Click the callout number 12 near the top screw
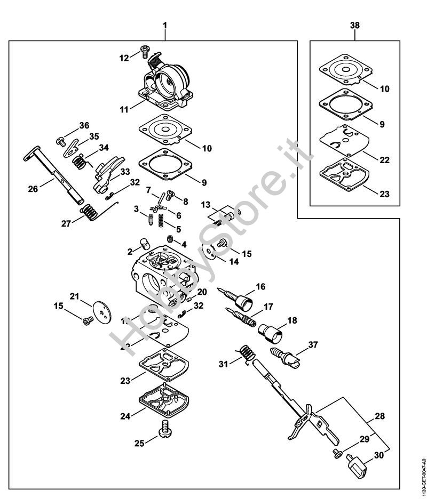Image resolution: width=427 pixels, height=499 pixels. click(x=124, y=58)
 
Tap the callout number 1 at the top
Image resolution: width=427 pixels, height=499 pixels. click(x=165, y=26)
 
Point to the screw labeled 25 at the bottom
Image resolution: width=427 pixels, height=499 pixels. click(x=165, y=429)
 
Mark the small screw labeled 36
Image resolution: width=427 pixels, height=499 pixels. click(x=60, y=142)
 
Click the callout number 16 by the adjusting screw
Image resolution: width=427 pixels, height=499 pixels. click(x=260, y=287)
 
